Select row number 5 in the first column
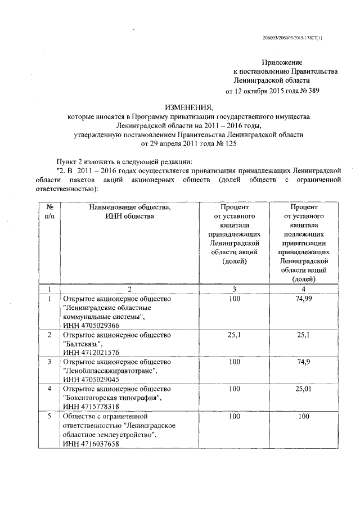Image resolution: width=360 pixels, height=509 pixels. pyautogui.click(x=49, y=417)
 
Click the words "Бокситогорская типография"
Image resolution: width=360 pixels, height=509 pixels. pyautogui.click(x=112, y=398)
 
